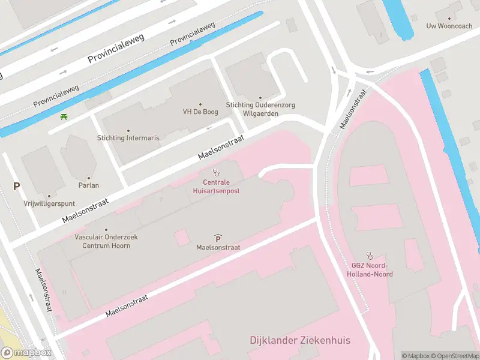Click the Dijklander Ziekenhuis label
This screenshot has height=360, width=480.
(x=300, y=341)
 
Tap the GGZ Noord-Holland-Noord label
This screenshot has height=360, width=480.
(x=370, y=270)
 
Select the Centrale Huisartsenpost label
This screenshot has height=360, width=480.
(x=216, y=186)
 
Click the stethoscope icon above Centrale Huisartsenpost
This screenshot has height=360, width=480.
(x=216, y=172)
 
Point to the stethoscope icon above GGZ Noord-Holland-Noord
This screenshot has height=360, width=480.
(x=370, y=255)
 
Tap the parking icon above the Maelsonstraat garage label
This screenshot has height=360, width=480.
(x=218, y=238)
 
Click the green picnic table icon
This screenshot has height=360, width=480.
(x=64, y=116)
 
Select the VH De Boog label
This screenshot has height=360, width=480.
(x=200, y=112)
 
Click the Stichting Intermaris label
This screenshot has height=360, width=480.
(x=128, y=138)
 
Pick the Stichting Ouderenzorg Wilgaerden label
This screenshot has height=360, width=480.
(x=260, y=109)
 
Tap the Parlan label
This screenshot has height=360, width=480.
(x=89, y=185)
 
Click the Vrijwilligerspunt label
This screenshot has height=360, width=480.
(x=49, y=203)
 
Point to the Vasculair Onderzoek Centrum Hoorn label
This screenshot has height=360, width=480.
(x=106, y=241)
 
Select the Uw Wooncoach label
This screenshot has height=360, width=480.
(x=449, y=26)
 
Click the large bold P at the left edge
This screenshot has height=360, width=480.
(x=16, y=187)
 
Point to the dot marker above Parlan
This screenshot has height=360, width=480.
(x=89, y=178)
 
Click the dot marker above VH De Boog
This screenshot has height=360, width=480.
(x=200, y=104)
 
